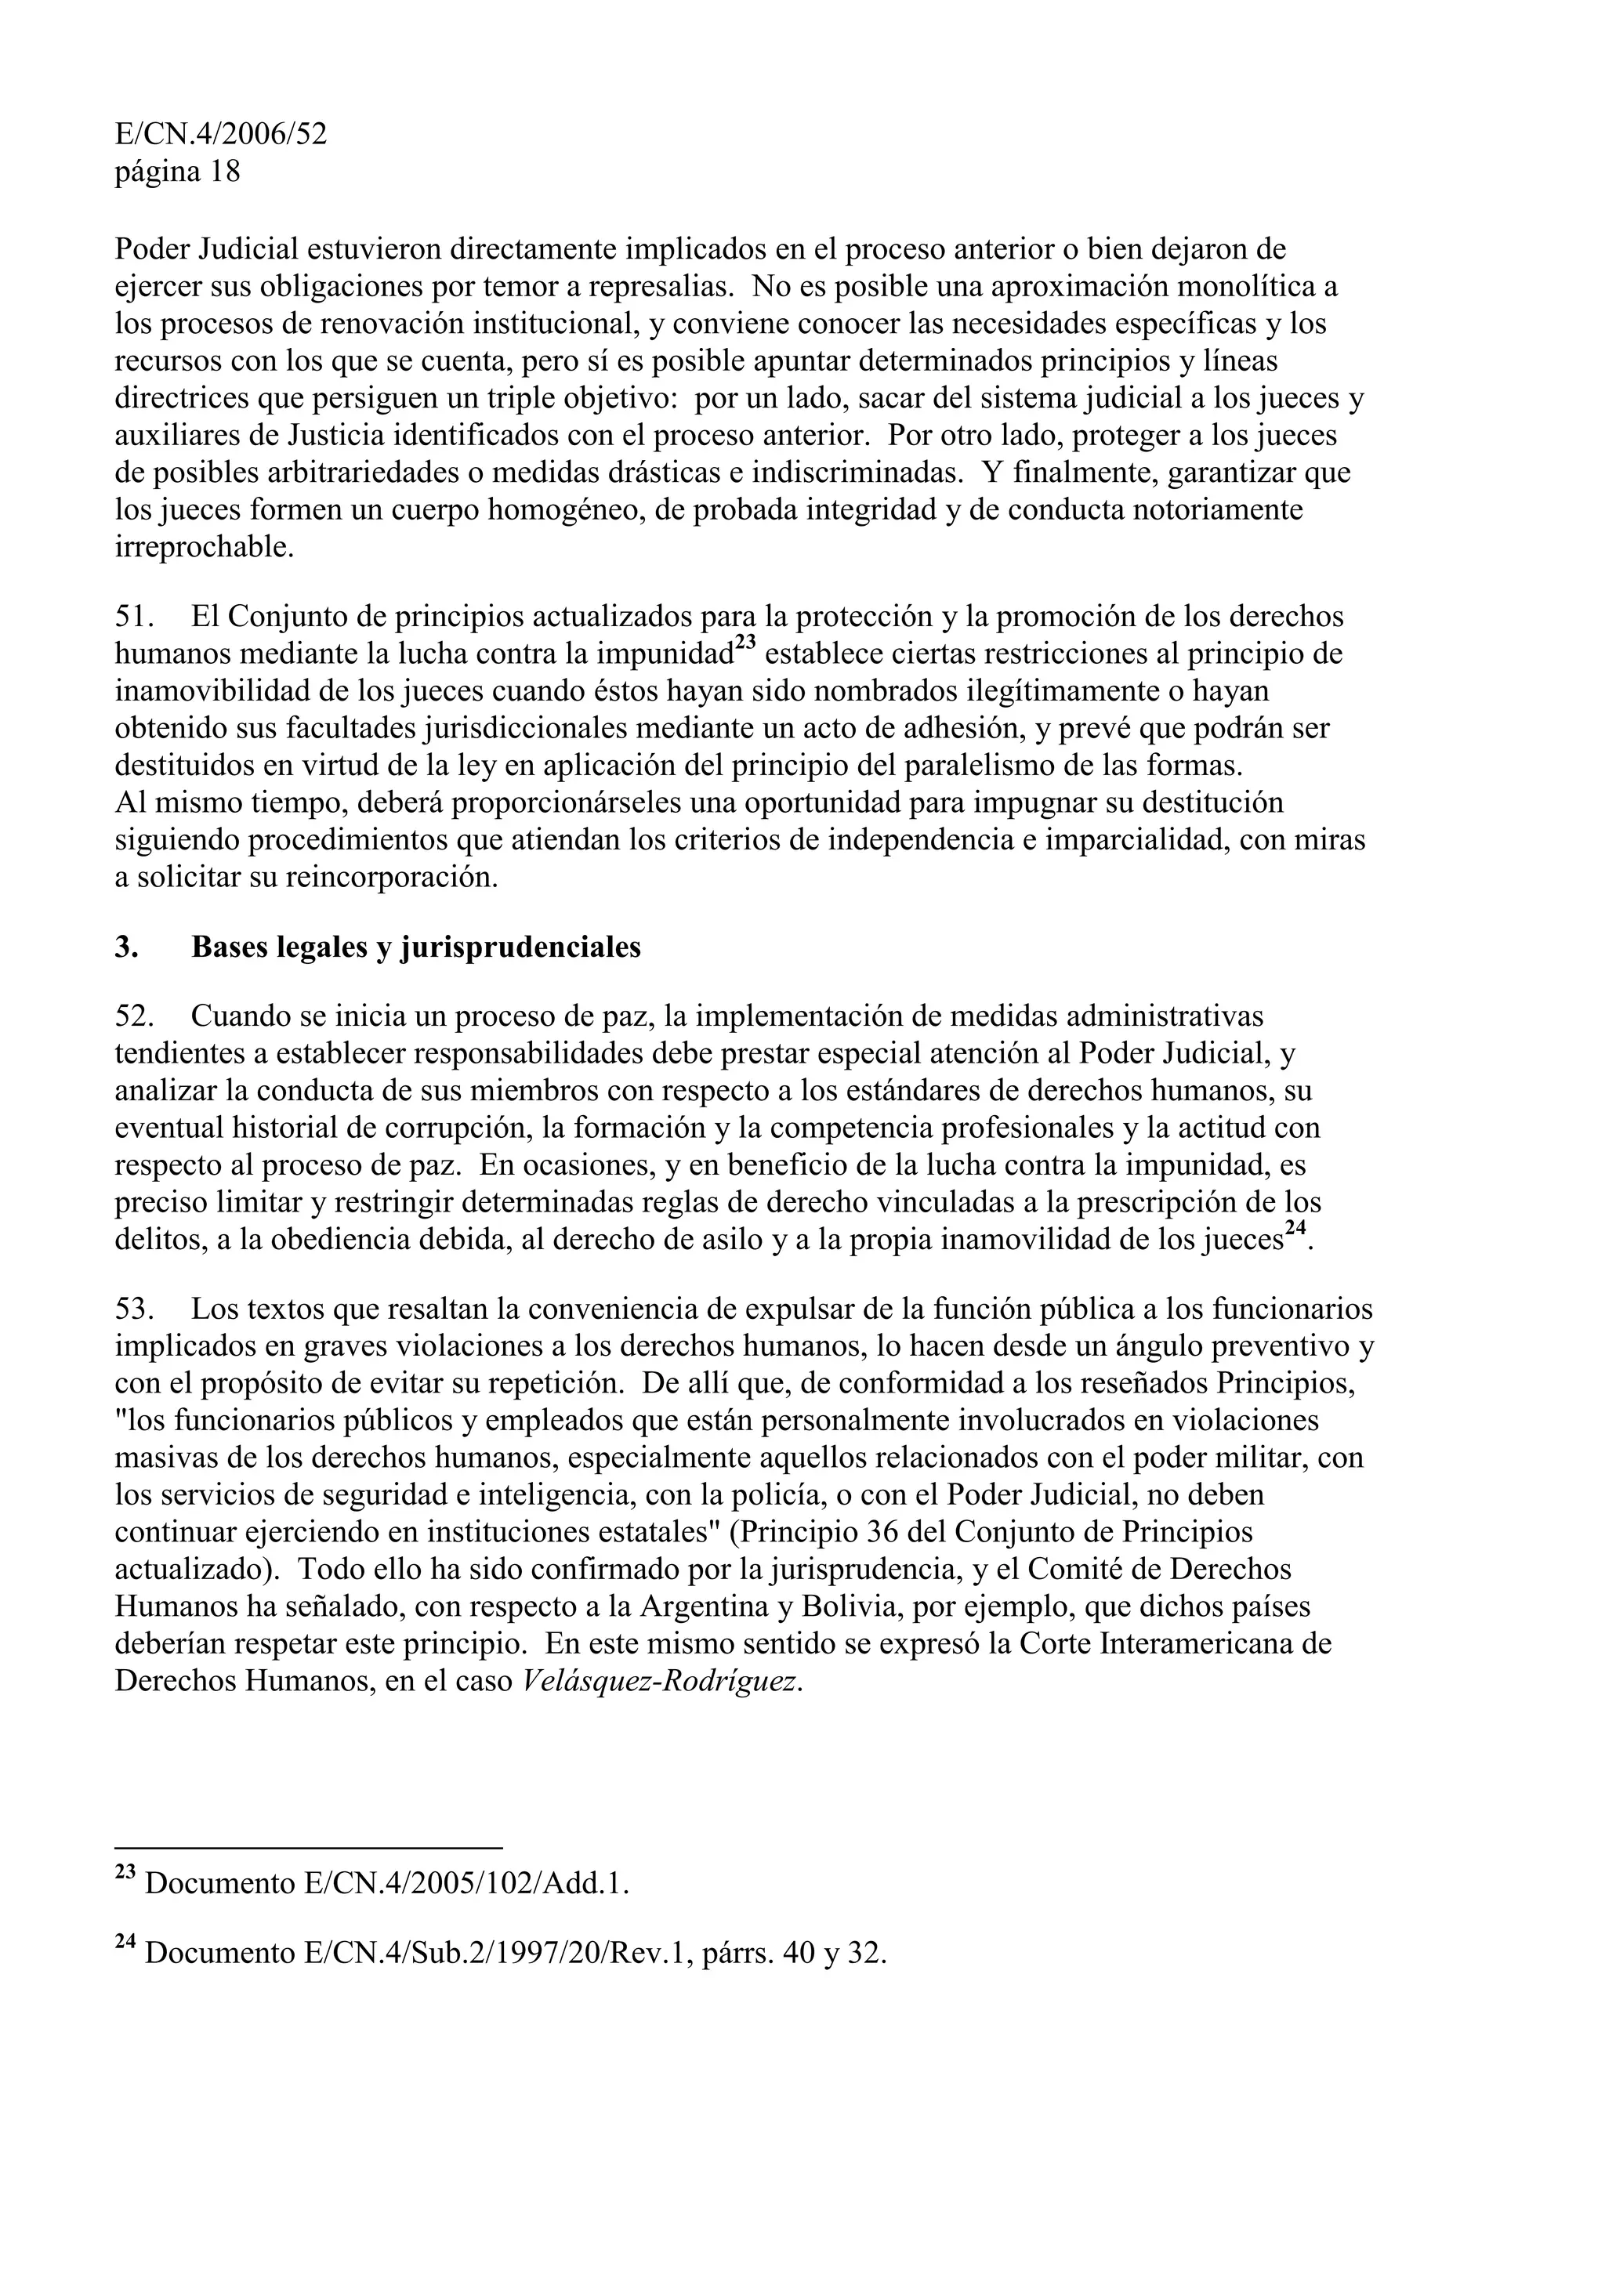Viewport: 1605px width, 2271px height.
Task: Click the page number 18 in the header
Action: click(x=224, y=172)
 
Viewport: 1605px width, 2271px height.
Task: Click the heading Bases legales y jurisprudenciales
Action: click(x=415, y=947)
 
